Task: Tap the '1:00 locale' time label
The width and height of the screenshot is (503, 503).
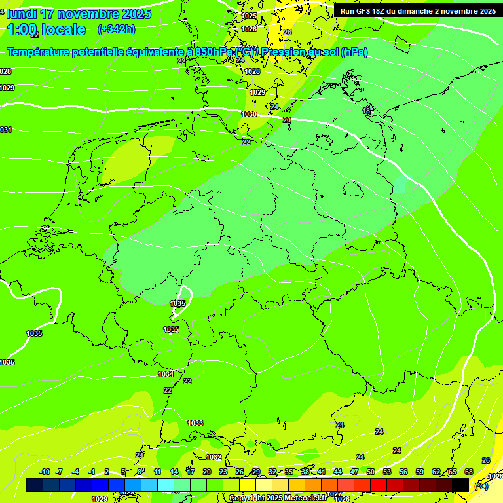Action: [x=47, y=29]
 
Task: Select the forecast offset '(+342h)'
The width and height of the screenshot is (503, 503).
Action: [x=116, y=29]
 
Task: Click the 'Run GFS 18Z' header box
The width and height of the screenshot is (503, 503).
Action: [x=417, y=10]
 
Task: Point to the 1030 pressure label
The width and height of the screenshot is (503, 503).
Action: [x=249, y=114]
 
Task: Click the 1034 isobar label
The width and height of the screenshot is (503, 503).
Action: [x=166, y=374]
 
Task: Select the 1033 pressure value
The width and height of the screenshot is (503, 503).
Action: [x=195, y=424]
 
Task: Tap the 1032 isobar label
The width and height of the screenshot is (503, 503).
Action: [x=214, y=457]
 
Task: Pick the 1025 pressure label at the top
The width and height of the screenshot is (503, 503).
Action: [x=249, y=16]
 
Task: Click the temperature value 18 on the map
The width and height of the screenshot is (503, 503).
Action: [x=366, y=111]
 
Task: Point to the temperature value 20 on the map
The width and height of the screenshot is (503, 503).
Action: [x=287, y=120]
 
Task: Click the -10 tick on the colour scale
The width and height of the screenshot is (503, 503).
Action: [x=45, y=472]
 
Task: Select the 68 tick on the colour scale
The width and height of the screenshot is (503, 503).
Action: [x=469, y=472]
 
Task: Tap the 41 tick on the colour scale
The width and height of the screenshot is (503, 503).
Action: [x=321, y=472]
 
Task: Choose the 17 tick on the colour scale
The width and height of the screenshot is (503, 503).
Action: [x=191, y=472]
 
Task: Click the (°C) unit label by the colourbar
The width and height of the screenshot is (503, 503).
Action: [x=481, y=486]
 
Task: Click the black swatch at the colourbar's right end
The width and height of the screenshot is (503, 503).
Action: [x=460, y=485]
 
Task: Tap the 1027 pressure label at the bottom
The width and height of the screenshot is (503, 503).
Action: [x=333, y=494]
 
